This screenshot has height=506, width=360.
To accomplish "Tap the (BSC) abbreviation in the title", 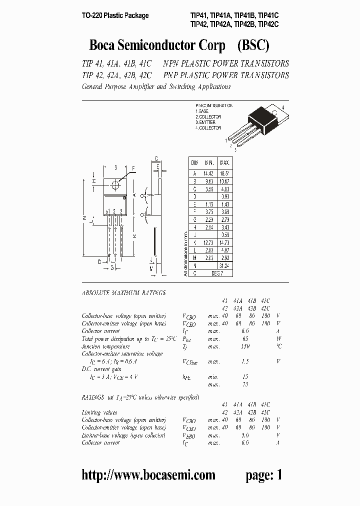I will (x=253, y=45).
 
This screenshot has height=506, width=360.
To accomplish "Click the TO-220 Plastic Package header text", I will (x=115, y=15).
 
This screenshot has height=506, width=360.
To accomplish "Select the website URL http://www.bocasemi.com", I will (x=148, y=475).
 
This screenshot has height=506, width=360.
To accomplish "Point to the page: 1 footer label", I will (x=263, y=475).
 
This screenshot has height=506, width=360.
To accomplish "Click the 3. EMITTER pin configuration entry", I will (x=207, y=122).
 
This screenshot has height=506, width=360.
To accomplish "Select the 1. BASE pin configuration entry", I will (x=202, y=111).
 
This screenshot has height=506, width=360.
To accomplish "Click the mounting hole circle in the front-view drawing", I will (x=115, y=184).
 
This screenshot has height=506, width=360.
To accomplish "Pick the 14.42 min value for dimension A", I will (x=209, y=172).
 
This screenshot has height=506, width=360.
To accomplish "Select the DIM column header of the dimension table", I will (x=194, y=163).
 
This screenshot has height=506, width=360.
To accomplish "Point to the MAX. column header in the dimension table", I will (x=224, y=163).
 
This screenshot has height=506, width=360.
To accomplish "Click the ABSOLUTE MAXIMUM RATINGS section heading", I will (x=123, y=292).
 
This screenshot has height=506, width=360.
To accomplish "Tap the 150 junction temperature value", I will (x=244, y=346).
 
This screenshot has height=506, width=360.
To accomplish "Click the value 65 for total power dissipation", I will (x=244, y=338).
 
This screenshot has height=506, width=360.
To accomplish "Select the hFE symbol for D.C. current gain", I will (x=188, y=377).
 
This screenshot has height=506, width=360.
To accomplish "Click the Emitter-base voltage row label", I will (x=123, y=435).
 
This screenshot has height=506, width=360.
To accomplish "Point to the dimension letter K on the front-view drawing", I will (x=134, y=235).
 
